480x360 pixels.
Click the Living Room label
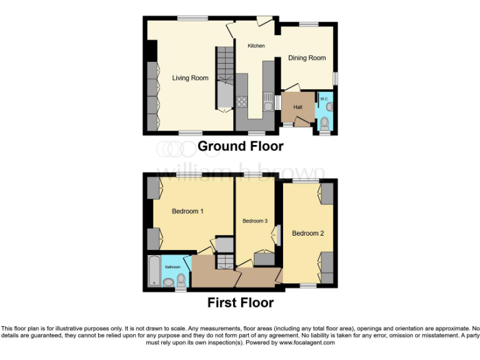[190, 78]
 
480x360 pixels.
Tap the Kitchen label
[256, 46]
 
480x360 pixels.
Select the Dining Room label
[307, 58]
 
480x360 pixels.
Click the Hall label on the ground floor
[298, 107]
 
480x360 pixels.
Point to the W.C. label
[324, 99]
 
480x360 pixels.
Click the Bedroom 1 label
[187, 211]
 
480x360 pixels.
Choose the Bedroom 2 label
[307, 234]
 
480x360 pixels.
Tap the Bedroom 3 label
[255, 221]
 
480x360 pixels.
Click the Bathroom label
[172, 267]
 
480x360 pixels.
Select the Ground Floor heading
[240, 146]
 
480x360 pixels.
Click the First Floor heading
[240, 303]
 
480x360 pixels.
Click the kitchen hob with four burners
[242, 101]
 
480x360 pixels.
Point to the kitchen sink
[268, 102]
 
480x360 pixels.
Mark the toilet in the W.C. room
[324, 126]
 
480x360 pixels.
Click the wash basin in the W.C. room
[329, 107]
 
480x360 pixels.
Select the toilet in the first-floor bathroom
[181, 279]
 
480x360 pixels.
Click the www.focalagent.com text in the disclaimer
[307, 342]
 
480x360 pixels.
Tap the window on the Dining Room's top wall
[307, 24]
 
